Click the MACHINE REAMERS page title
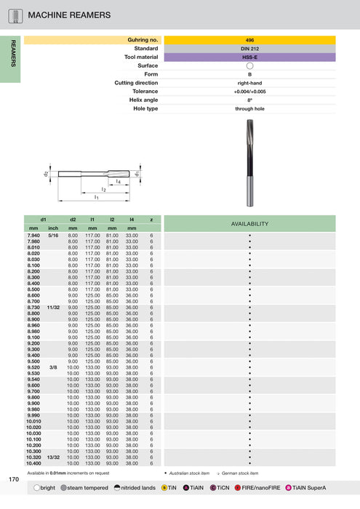pyautogui.click(x=69, y=15)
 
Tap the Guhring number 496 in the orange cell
pyautogui.click(x=249, y=39)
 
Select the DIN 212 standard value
pyautogui.click(x=249, y=48)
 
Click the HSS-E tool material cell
pyautogui.click(x=249, y=57)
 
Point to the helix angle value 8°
pyautogui.click(x=249, y=100)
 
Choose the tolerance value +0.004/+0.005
pyautogui.click(x=249, y=91)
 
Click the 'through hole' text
pyautogui.click(x=249, y=108)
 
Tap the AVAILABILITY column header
pyautogui.click(x=249, y=223)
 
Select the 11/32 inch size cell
pyautogui.click(x=53, y=308)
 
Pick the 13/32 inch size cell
pyautogui.click(x=53, y=457)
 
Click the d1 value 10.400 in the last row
pyautogui.click(x=33, y=463)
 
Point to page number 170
pyautogui.click(x=14, y=479)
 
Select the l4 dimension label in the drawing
pyautogui.click(x=118, y=180)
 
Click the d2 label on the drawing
pyautogui.click(x=47, y=174)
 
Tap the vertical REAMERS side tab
pyautogui.click(x=12, y=55)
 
